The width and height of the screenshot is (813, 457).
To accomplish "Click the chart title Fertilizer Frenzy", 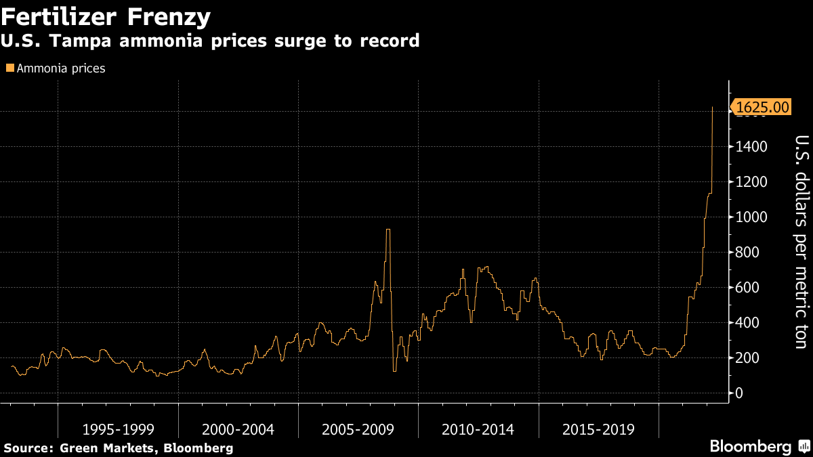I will [x=106, y=16].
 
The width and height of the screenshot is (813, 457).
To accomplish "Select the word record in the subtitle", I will [x=386, y=41].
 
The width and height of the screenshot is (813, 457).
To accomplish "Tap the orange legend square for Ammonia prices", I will [x=9, y=68].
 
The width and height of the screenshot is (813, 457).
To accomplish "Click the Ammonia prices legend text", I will [x=60, y=68].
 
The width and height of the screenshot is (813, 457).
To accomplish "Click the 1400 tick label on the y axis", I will [x=753, y=147].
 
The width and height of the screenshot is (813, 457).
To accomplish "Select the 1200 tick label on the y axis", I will [x=753, y=182].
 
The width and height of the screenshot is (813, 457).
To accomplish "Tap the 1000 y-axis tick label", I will [x=753, y=217].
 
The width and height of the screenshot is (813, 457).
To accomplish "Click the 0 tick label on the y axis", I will [x=740, y=393].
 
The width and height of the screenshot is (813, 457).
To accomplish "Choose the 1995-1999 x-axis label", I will [x=118, y=429].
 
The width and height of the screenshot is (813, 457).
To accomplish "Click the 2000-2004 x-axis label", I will [x=238, y=429].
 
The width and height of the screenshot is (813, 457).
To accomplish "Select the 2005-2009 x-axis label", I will [x=358, y=429].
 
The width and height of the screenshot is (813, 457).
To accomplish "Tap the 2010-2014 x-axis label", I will [x=478, y=429].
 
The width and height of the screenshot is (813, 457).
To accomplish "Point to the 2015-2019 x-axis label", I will [x=598, y=429].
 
